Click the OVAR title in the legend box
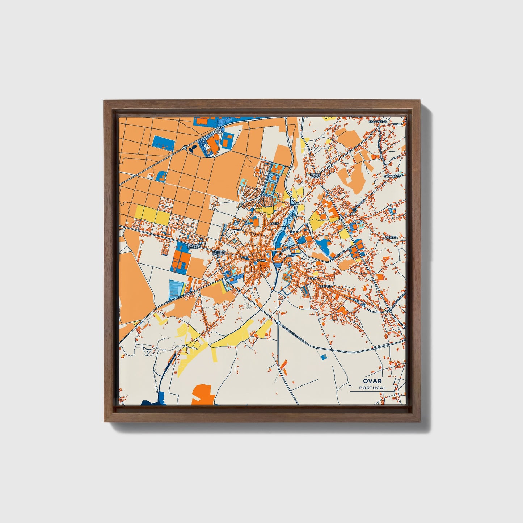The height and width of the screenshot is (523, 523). tap(372, 381)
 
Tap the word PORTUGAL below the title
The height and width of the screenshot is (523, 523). tap(372, 388)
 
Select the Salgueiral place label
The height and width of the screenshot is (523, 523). tap(378, 122)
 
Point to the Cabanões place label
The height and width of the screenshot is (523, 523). tap(392, 176)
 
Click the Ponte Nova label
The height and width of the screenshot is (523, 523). tap(315, 176)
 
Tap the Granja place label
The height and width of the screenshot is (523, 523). tap(391, 237)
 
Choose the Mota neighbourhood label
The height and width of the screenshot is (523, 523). tap(274, 224)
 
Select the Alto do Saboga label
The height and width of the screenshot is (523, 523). tap(219, 252)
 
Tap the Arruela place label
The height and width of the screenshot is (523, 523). tap(325, 286)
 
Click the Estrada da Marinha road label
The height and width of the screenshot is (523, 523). tap(178, 296)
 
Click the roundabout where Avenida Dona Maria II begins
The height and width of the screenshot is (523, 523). tap(278, 322)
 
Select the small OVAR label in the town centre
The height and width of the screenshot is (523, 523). tap(261, 260)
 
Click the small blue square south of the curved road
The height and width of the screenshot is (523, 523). tap(323, 357)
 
